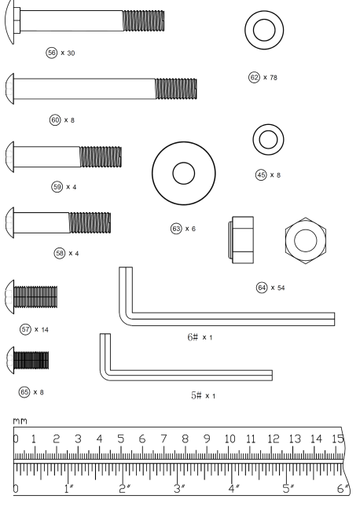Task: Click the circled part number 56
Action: (51, 53)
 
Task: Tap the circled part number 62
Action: (254, 78)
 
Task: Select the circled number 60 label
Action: (55, 120)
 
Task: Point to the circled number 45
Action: (261, 175)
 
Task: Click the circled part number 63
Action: (176, 229)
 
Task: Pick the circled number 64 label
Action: (262, 288)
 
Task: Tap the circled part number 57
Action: (25, 329)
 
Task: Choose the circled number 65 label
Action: (24, 392)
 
